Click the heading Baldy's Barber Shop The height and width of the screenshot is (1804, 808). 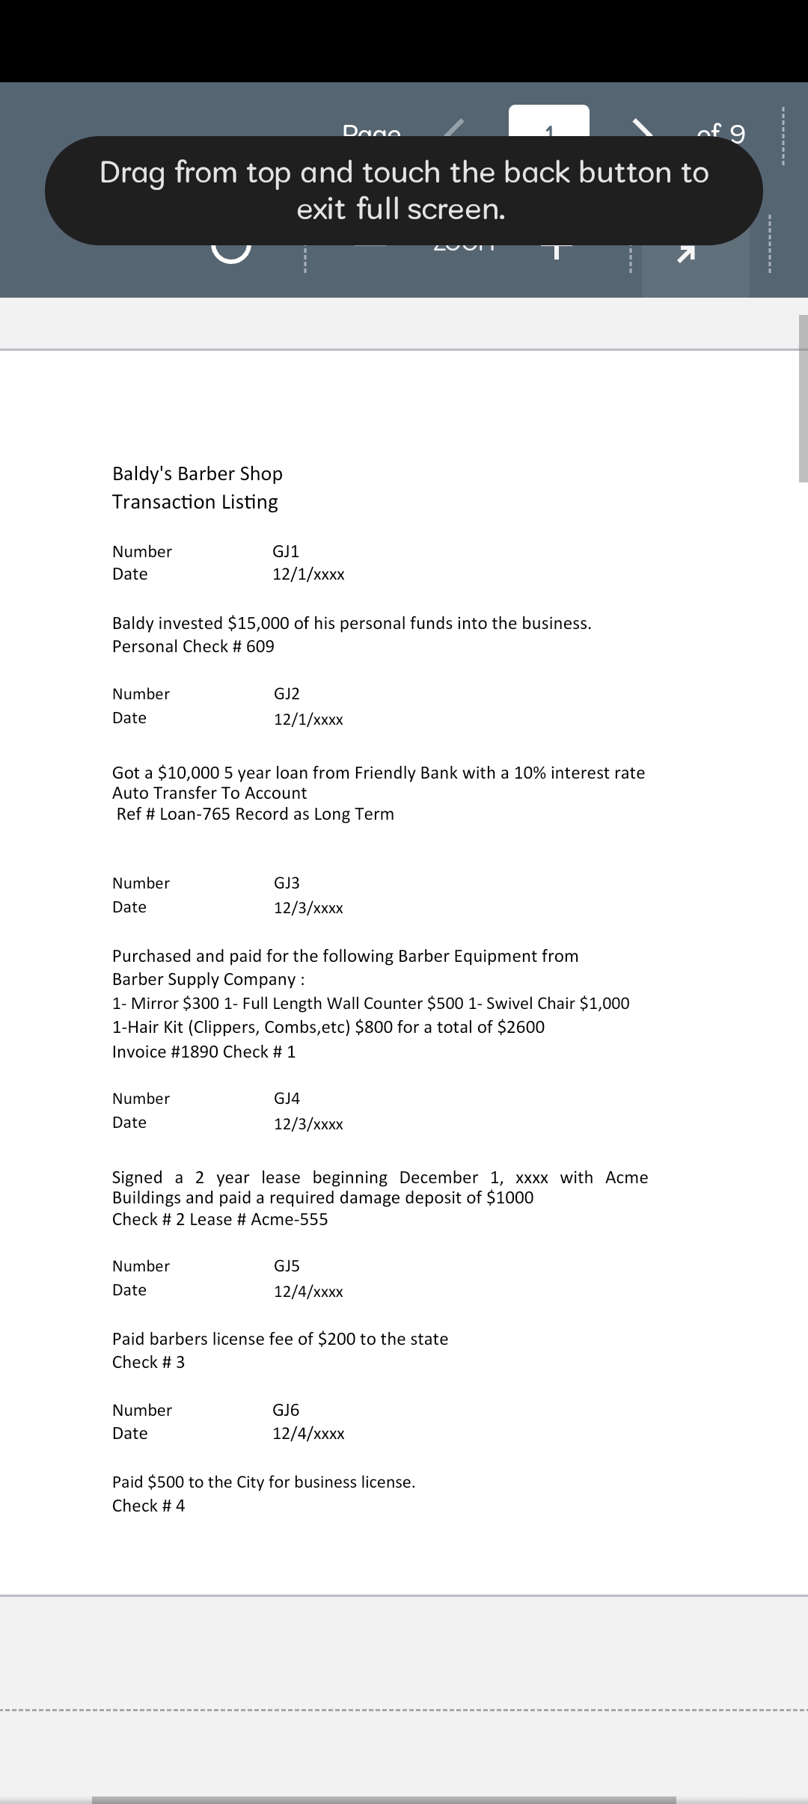pos(197,474)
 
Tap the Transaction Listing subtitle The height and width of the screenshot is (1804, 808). pos(195,502)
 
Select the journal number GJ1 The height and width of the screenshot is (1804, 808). pos(286,552)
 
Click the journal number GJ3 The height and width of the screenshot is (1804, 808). pos(287,883)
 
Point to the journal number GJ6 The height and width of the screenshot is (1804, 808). pos(286,1411)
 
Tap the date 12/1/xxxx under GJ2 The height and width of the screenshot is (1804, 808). pos(308,720)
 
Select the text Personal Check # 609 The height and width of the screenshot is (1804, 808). pos(193,647)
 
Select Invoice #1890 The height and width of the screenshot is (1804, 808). pos(165,1052)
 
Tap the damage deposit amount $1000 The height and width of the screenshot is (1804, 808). pos(509,1198)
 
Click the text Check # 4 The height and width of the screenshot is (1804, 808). pos(148,1506)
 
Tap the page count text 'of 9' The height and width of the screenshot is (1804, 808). pos(720,132)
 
